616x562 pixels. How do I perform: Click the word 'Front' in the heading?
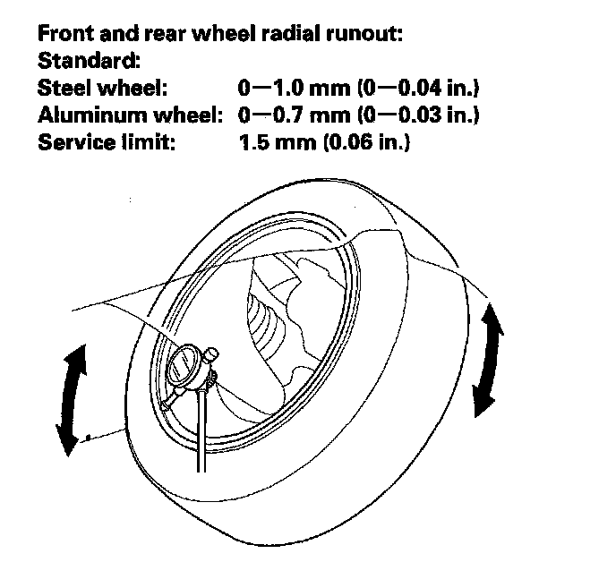pos(64,36)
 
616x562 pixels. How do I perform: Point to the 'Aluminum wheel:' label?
pos(129,115)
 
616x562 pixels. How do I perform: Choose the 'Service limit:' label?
pos(103,141)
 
